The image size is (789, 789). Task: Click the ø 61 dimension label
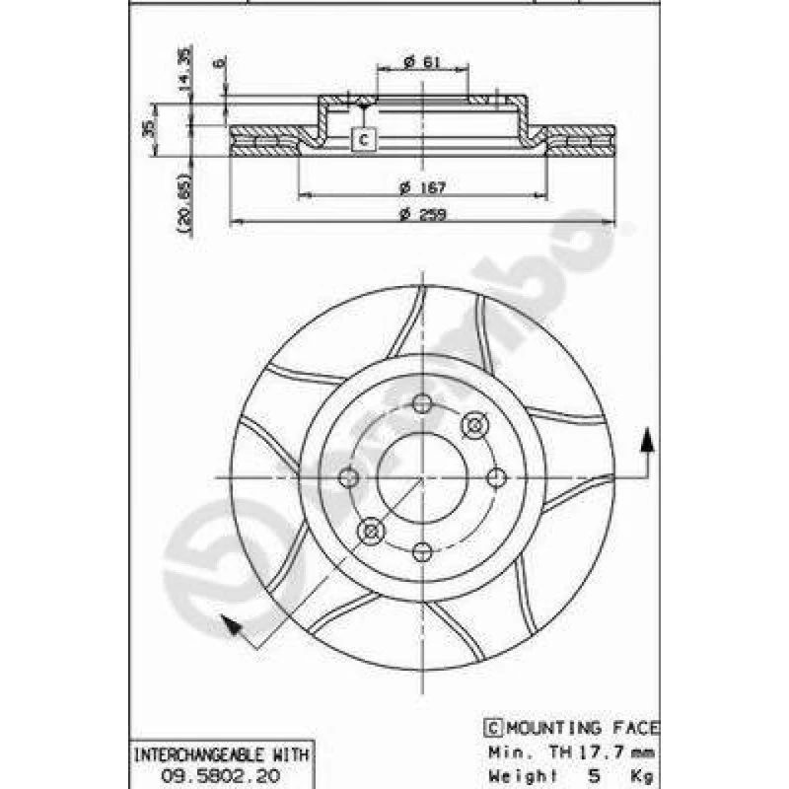[422, 62]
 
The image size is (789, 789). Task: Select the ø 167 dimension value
[422, 186]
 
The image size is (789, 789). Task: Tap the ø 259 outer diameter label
[422, 217]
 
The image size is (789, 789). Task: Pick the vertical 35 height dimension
[149, 128]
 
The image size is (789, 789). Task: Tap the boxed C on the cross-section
[364, 139]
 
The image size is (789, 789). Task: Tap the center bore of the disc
[422, 477]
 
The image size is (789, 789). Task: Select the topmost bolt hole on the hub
[422, 403]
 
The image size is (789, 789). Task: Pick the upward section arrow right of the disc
[647, 443]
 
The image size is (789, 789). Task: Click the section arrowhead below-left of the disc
[228, 624]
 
